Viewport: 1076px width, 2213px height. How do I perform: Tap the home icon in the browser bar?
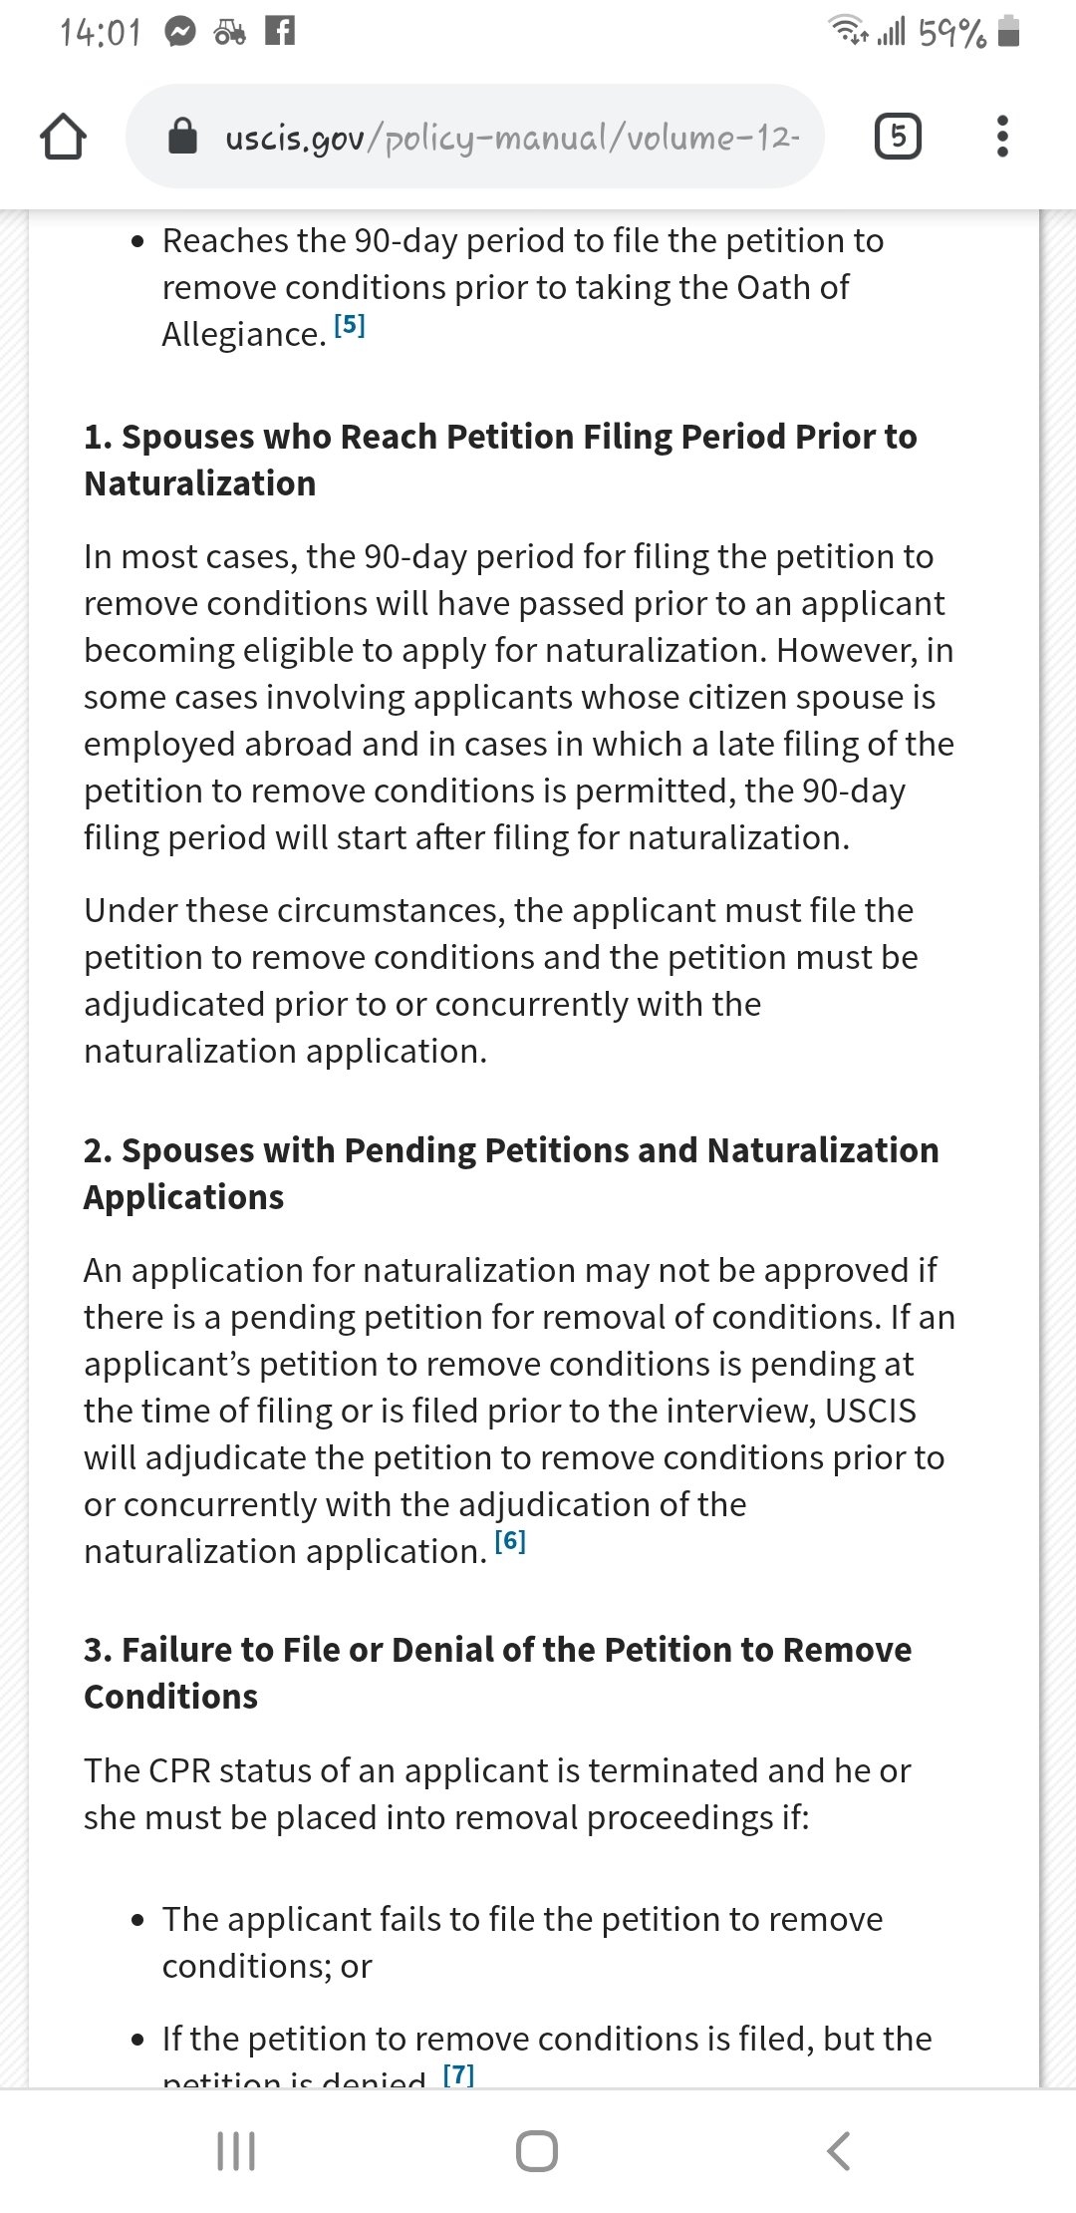pos(63,137)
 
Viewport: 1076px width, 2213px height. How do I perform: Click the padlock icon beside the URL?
pos(182,136)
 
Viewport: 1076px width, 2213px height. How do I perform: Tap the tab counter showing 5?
pos(898,136)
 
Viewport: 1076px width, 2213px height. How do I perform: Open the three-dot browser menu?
pos(1002,136)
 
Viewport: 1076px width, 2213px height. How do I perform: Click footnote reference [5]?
pos(350,325)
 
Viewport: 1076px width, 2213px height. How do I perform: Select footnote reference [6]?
pos(510,1541)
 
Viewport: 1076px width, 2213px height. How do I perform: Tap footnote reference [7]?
pos(458,2074)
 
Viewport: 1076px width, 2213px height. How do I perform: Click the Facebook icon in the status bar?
pos(280,32)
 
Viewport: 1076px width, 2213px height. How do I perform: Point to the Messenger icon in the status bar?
pos(179,33)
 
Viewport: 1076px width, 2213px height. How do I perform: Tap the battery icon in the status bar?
pos(1008,32)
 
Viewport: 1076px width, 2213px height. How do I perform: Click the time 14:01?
pos(101,33)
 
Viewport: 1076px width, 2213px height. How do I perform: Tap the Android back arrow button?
pos(839,2150)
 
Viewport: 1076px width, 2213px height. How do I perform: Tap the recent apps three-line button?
pos(236,2150)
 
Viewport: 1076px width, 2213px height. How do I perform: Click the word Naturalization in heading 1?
pos(200,483)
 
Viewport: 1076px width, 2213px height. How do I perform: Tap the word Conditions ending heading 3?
pos(171,1697)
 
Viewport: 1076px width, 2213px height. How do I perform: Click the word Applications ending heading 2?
pos(184,1197)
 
